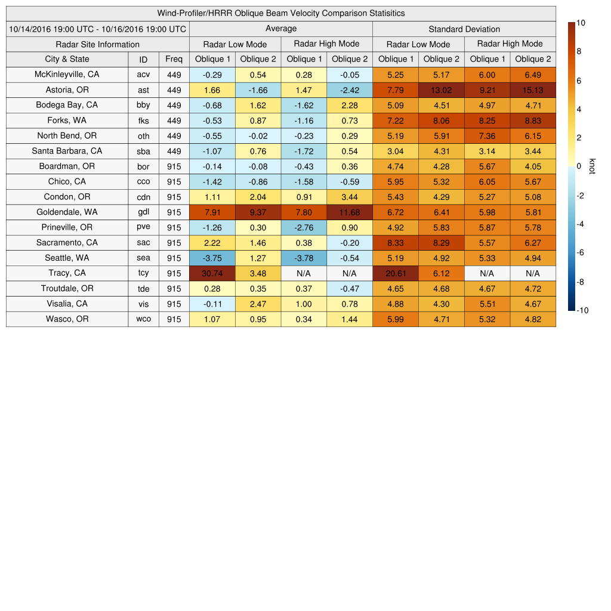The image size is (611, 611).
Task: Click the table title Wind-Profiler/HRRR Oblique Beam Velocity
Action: pos(281,13)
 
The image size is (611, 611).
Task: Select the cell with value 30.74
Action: pos(212,273)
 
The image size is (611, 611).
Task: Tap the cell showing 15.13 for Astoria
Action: pos(533,90)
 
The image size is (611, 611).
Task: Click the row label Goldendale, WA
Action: pos(67,212)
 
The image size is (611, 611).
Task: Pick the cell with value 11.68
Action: pos(350,212)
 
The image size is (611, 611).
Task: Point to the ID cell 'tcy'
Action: pos(143,273)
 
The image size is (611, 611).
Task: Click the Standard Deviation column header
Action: pos(464,29)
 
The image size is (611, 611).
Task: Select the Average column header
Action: pos(281,29)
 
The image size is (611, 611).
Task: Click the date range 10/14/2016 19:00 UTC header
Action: pos(98,29)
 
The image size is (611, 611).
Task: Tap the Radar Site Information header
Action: pos(98,44)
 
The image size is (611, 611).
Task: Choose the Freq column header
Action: pos(174,59)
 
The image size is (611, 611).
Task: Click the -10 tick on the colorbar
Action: pos(583,310)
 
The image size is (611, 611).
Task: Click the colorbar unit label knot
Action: pos(593,166)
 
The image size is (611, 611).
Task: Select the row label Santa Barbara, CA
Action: pos(67,151)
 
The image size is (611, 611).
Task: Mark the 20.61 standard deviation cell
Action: pos(396,273)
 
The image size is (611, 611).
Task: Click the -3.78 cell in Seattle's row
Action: pos(304,258)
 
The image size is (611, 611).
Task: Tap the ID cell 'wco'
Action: pos(143,319)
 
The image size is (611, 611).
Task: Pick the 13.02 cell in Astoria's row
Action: pos(441,90)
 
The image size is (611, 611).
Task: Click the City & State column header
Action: pos(67,59)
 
